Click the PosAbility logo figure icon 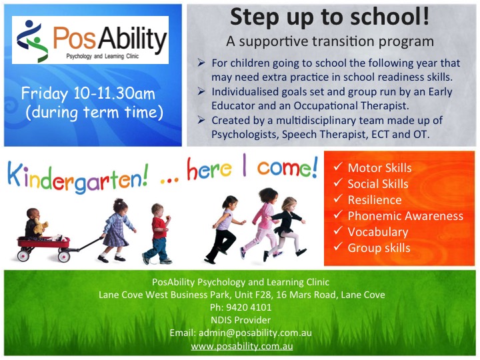(32, 41)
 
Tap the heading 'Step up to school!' (330, 17)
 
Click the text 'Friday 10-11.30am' (88, 93)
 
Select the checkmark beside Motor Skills (338, 167)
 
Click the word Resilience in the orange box (375, 200)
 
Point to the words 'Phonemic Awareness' (405, 216)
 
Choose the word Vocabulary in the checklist (378, 232)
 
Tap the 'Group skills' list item (379, 248)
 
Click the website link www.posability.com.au (242, 346)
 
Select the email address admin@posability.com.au (255, 333)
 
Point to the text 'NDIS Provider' (241, 320)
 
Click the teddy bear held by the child (40, 226)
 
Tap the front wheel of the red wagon (64, 256)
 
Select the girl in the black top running (285, 227)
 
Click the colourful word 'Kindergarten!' (78, 177)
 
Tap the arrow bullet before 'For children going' (201, 63)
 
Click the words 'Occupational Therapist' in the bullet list (351, 106)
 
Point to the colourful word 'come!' (287, 169)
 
